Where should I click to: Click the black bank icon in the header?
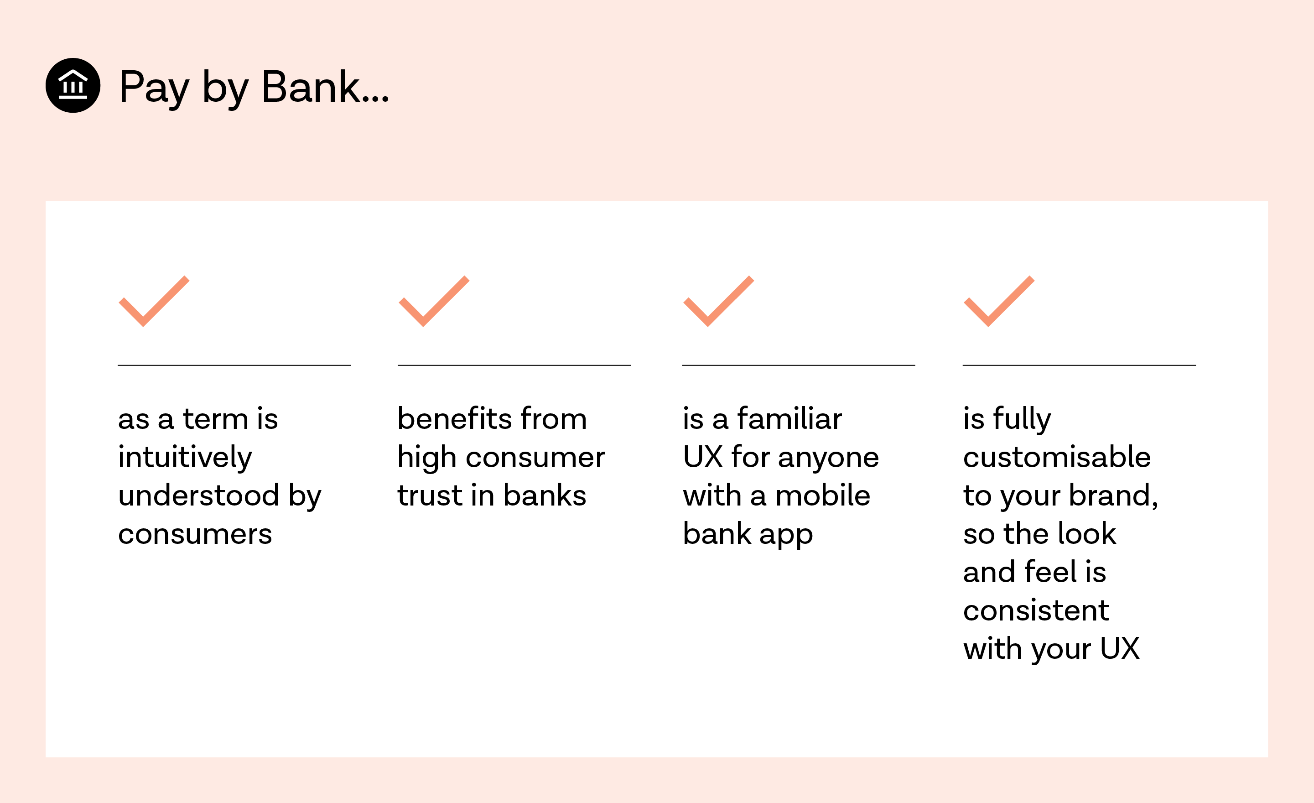pyautogui.click(x=73, y=85)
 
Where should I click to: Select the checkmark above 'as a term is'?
pyautogui.click(x=154, y=302)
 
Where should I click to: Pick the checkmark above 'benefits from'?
pyautogui.click(x=434, y=302)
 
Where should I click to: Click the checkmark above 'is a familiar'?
pyautogui.click(x=718, y=302)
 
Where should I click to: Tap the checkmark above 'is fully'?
pyautogui.click(x=999, y=302)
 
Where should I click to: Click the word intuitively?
pyautogui.click(x=185, y=458)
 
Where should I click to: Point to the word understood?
pyautogui.click(x=198, y=495)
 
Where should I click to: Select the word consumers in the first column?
pyautogui.click(x=195, y=534)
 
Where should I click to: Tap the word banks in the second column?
pyautogui.click(x=545, y=495)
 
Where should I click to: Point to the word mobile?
pyautogui.click(x=822, y=495)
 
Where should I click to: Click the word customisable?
pyautogui.click(x=1056, y=457)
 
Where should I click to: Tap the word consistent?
pyautogui.click(x=1036, y=610)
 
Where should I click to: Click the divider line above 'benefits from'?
pyautogui.click(x=514, y=365)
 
